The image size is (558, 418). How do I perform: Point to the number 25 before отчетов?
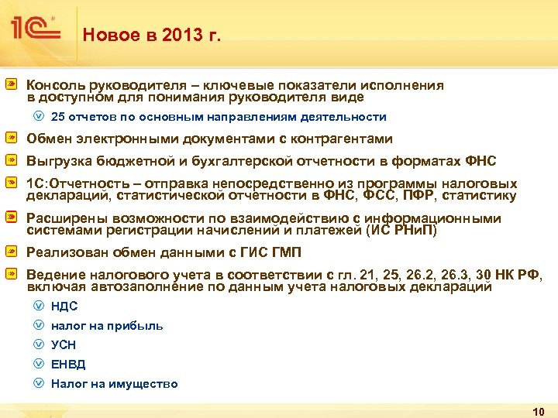(58, 117)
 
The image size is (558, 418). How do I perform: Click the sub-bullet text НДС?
(64, 306)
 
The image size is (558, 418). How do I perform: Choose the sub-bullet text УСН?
(64, 345)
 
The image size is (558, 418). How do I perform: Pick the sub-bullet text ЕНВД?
(68, 365)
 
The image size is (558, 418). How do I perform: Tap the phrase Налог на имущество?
(114, 384)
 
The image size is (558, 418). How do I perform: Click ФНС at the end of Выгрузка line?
(480, 161)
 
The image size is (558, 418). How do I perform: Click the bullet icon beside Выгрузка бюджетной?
(12, 161)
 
